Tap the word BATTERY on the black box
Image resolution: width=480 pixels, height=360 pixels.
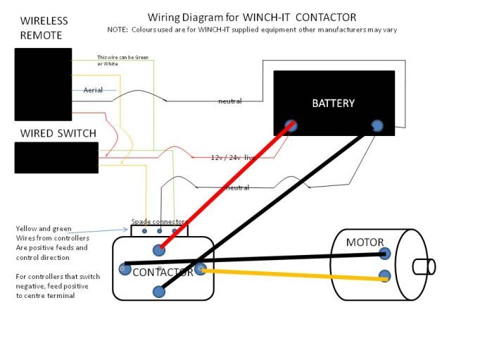333,104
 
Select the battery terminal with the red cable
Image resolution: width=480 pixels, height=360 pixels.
291,126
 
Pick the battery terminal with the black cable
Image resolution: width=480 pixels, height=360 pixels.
377,126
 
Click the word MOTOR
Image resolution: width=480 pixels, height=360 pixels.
365,243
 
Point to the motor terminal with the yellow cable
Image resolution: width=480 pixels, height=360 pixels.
384,275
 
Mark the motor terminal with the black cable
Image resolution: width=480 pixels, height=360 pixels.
384,253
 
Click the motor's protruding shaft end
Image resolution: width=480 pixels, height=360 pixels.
423,267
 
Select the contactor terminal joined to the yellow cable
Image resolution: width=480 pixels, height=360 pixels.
201,268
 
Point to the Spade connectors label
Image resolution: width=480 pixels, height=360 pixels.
160,221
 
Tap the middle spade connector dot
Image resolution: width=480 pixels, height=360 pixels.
160,230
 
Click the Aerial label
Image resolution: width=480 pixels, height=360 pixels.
93,90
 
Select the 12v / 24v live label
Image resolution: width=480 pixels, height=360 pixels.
232,157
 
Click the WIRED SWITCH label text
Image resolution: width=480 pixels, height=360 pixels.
58,133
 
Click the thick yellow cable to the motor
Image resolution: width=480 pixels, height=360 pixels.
296,274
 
